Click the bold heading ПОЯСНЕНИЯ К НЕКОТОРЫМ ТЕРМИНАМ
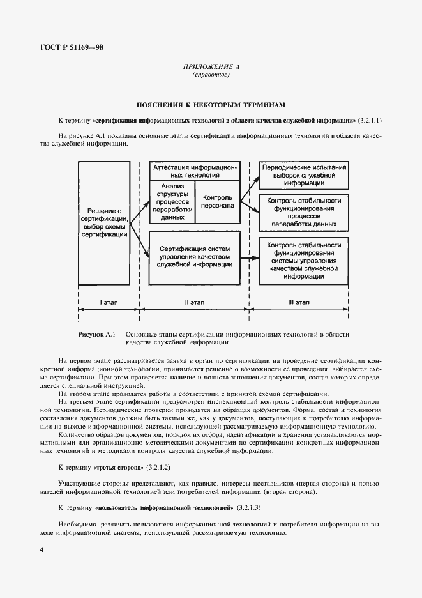pyautogui.click(x=211, y=103)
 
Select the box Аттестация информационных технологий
pyautogui.click(x=195, y=169)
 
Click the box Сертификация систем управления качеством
pyautogui.click(x=195, y=256)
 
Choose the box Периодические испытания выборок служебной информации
pyautogui.click(x=304, y=172)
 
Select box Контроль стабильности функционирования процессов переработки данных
pyautogui.click(x=304, y=211)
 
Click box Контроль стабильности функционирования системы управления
pyautogui.click(x=304, y=261)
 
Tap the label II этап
pyautogui.click(x=194, y=301)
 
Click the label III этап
pyautogui.click(x=298, y=301)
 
